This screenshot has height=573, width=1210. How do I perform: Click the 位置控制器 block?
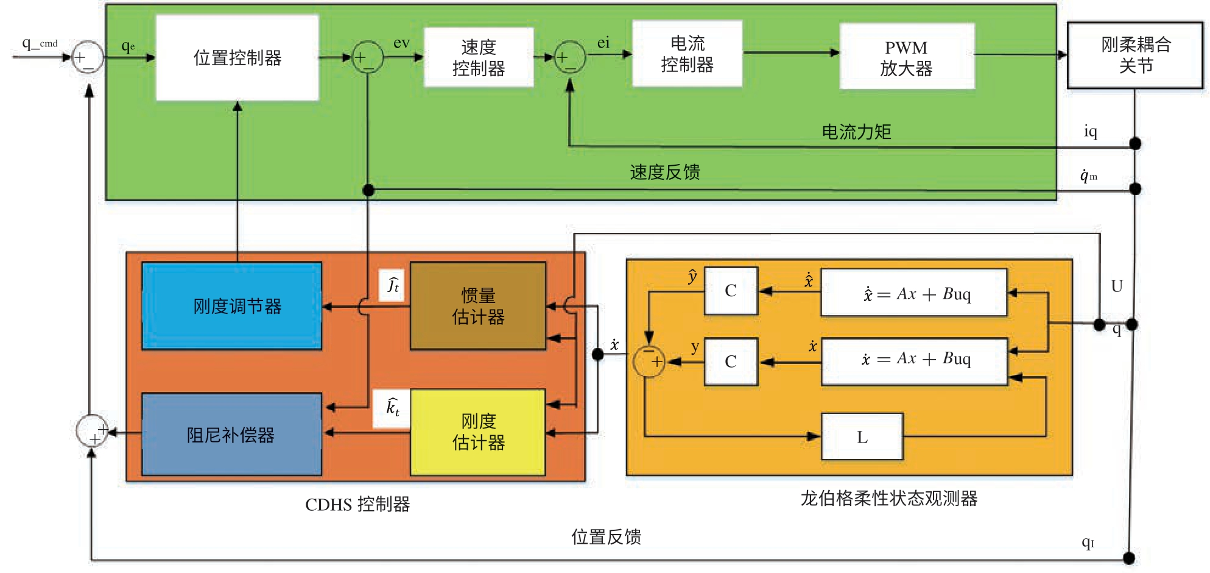tap(237, 58)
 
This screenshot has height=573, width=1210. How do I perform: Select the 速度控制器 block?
tap(479, 57)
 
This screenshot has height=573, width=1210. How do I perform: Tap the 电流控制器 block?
tap(687, 54)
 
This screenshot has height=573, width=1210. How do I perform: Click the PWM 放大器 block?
tap(907, 57)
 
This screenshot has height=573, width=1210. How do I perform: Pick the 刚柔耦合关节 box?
tap(1135, 55)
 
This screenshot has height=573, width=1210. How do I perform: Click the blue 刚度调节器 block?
tap(232, 306)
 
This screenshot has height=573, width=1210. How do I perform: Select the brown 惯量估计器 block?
tap(478, 306)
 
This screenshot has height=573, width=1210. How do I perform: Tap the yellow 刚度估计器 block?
tap(478, 432)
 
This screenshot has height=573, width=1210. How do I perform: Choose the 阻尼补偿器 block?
tap(231, 435)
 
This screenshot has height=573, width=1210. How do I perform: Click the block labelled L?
tap(862, 436)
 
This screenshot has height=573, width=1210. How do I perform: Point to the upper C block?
tap(731, 291)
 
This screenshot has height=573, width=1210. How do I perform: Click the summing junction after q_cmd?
tap(88, 57)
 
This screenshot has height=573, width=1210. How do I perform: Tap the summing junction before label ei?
tap(569, 57)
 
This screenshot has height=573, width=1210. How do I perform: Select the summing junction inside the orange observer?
tap(649, 361)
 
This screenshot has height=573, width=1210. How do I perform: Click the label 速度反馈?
tap(664, 173)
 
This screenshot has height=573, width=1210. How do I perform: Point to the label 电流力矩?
tap(856, 132)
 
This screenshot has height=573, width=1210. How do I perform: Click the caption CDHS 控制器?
tap(357, 504)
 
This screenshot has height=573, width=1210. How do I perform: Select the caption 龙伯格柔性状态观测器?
tap(888, 498)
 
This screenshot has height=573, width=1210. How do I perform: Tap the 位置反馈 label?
tap(606, 536)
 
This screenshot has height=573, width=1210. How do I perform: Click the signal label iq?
tap(1090, 131)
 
